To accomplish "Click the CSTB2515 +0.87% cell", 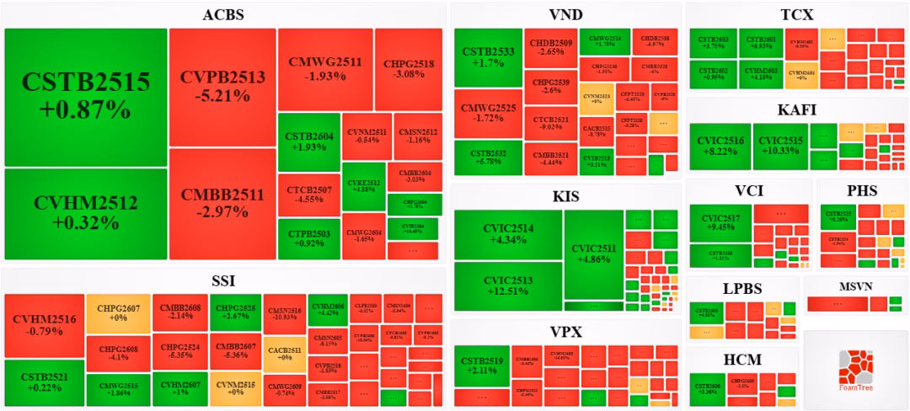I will tap(86, 96).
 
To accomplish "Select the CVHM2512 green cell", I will tap(86, 213).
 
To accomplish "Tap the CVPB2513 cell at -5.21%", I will tap(222, 87).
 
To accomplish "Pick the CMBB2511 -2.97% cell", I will tap(222, 203).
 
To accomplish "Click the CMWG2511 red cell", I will tap(324, 69).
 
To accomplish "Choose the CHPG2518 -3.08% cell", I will tap(409, 69).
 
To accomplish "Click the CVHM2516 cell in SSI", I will tap(45, 325).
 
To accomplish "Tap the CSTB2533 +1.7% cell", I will tap(488, 56).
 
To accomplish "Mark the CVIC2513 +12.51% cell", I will tap(508, 286).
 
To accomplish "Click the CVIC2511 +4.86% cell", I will tap(593, 254).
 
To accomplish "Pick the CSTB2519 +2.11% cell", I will tap(483, 365).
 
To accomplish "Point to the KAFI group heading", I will tap(796, 109).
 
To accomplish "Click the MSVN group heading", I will tap(855, 287).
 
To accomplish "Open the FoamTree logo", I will tap(855, 371).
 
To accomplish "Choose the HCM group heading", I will tap(742, 360).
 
